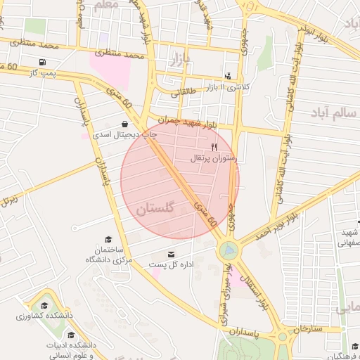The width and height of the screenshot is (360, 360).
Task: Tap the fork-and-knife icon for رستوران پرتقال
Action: coord(214,147)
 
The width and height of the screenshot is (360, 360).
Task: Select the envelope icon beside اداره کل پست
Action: coord(171,254)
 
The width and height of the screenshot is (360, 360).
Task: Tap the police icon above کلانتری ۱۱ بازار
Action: coord(227,75)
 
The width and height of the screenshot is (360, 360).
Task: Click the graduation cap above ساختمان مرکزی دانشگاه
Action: coord(108,239)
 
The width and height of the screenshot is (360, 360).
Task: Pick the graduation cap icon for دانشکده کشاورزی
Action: coord(44,305)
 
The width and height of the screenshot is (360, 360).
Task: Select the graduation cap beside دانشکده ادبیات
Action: coord(71,335)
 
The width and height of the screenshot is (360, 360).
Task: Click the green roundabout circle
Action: coord(229,250)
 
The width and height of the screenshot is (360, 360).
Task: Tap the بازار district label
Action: coord(180,59)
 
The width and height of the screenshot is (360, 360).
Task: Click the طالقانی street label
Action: coord(184,91)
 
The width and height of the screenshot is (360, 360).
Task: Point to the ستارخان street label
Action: coord(307,329)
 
